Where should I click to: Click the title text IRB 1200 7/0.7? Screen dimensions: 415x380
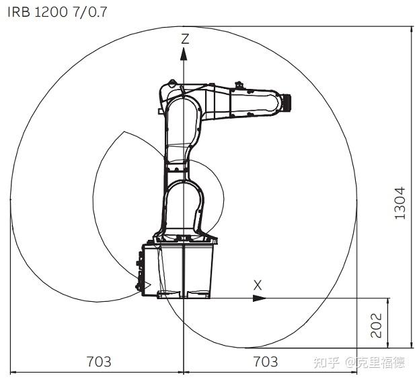click(57, 12)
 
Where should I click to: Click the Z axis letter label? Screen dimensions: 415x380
click(185, 38)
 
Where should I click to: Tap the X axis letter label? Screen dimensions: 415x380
click(258, 285)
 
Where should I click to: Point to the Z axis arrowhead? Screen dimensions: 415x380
click(184, 54)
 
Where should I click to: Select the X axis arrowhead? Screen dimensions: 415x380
click(260, 298)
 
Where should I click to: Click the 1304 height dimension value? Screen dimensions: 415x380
click(400, 203)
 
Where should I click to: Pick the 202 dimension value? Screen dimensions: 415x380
click(377, 325)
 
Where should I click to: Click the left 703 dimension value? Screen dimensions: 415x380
click(99, 361)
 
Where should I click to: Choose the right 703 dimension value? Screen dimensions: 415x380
click(266, 361)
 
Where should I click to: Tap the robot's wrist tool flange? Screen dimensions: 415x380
click(287, 102)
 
